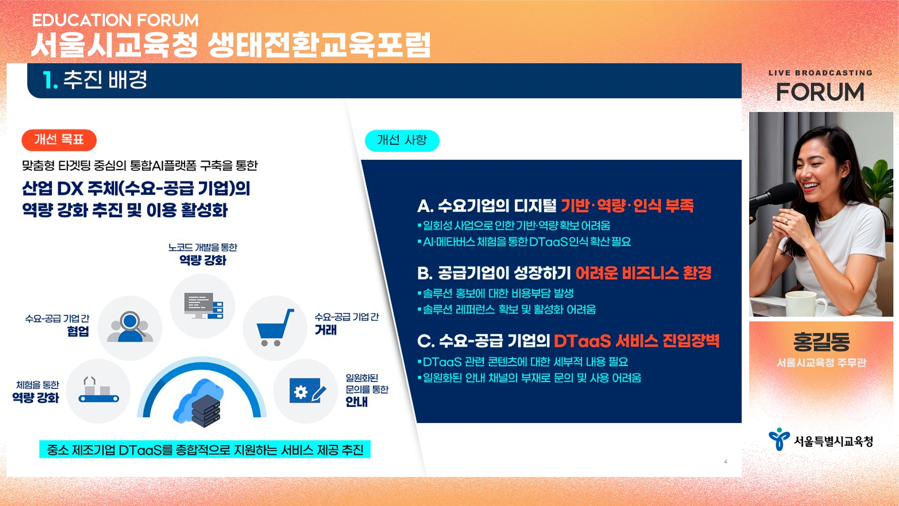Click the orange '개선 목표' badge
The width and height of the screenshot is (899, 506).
coord(59,140)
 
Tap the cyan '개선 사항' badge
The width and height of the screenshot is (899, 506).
coord(402,140)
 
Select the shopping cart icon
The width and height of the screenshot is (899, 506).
coord(275,327)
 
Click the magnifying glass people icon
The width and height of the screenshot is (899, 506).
coord(130,327)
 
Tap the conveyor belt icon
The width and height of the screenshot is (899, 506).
coord(98,390)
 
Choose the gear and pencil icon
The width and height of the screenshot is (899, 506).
coord(307,390)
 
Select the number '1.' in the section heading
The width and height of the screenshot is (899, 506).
coord(50,80)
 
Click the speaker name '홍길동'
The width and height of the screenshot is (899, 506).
coord(821,342)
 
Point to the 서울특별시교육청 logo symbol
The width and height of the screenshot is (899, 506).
coord(779,439)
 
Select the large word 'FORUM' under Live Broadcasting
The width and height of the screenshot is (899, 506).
coord(820,92)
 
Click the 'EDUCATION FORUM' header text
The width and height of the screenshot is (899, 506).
coord(115,20)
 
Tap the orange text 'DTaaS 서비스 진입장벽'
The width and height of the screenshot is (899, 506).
coord(637,341)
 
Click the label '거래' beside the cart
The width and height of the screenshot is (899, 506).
coord(326,330)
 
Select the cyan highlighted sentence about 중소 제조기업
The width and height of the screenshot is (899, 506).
coord(205,450)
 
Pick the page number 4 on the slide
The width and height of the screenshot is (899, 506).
coord(725,462)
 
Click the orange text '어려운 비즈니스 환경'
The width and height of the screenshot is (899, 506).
coord(643,273)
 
